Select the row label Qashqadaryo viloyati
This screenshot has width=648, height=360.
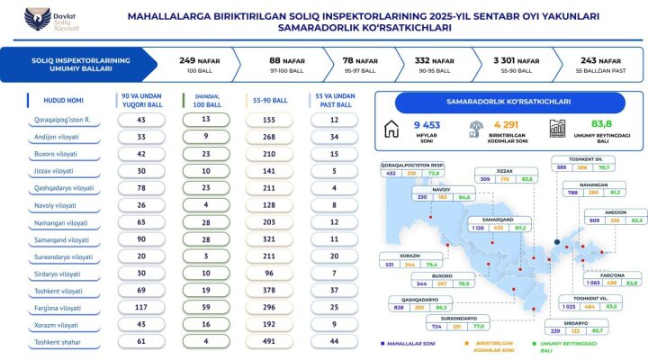[x=63, y=188]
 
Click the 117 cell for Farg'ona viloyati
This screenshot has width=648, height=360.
[x=141, y=308]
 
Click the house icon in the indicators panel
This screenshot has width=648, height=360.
[x=391, y=129]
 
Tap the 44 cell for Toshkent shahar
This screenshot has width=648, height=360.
[x=333, y=342]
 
